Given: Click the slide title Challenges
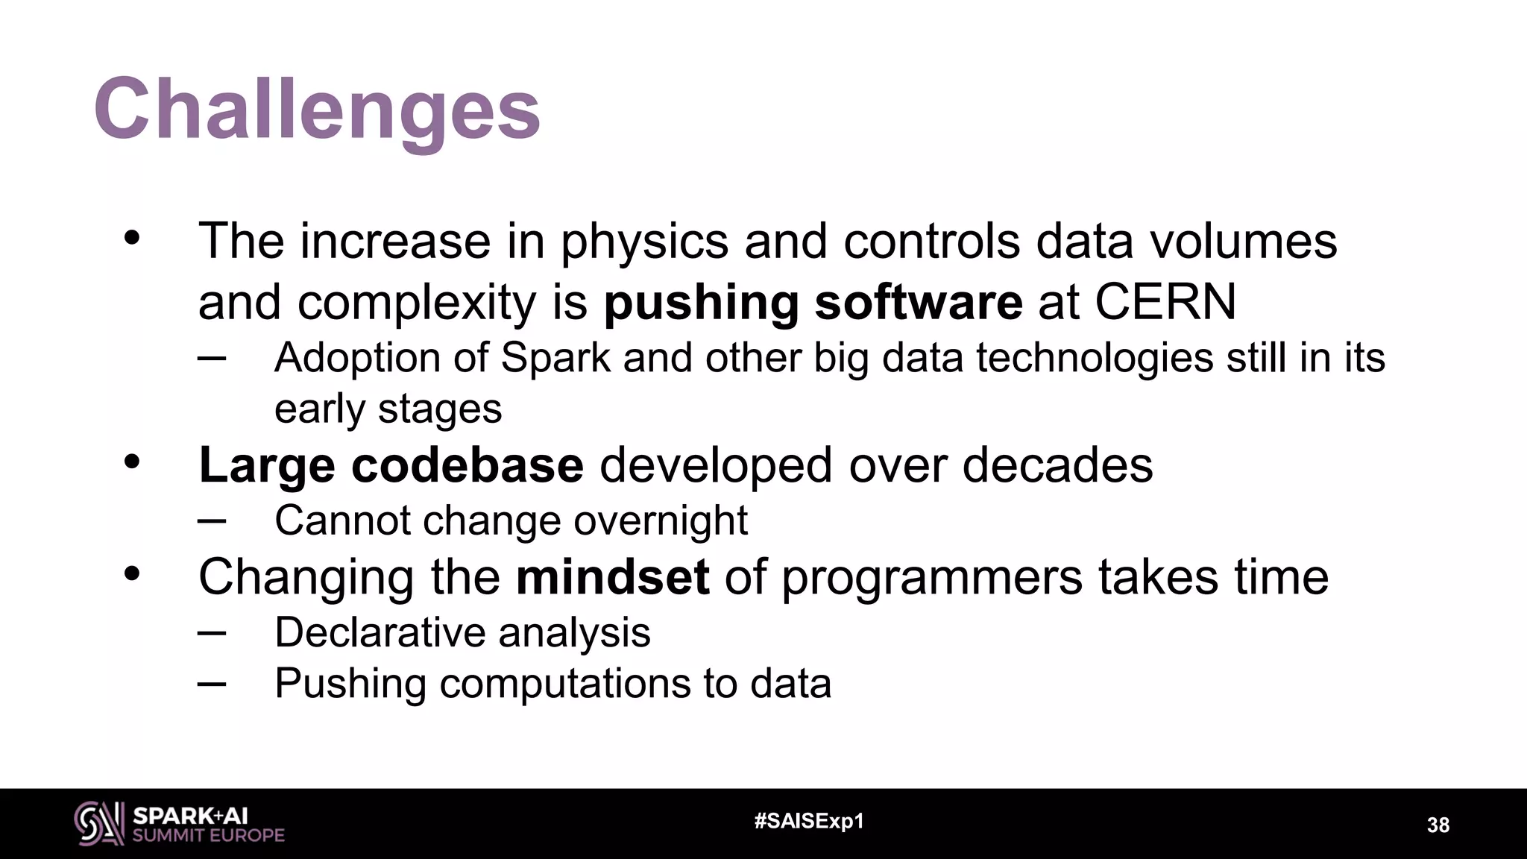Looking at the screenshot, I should pos(317,110).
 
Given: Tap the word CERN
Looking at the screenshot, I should pos(1165,302).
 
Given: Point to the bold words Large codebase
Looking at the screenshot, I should pos(391,465).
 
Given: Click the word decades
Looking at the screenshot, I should pos(1057,465).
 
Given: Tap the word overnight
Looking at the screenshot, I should pos(661,520).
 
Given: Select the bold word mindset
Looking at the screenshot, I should pos(612,577).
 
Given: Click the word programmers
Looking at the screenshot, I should pos(931,577).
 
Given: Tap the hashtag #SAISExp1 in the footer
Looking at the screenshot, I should pos(809,822).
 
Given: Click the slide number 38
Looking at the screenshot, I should pos(1438,825).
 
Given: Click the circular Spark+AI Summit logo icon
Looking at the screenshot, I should pos(98,823).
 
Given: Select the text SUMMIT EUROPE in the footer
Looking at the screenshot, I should pos(208,835).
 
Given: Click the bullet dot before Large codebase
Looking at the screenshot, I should pos(132,462).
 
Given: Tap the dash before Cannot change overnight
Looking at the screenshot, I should pos(212,520).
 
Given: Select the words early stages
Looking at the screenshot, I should pos(388,409).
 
